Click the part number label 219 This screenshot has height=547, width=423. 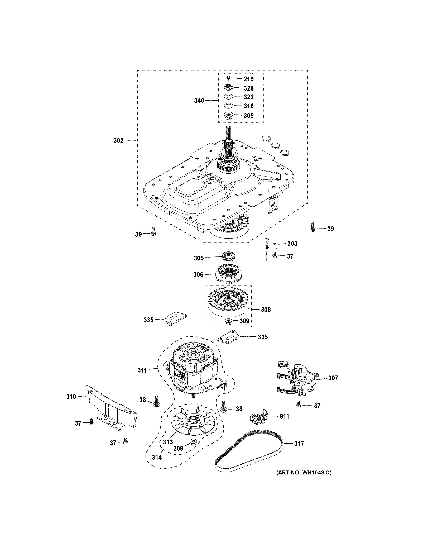click(249, 79)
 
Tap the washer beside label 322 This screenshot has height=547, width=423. click(228, 97)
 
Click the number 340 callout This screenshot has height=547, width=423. click(199, 101)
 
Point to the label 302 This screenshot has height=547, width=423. click(118, 141)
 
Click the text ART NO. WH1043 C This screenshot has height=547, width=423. click(304, 472)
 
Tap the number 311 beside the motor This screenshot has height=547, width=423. click(142, 377)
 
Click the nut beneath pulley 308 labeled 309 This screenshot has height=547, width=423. click(228, 321)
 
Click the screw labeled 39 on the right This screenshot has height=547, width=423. click(312, 227)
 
